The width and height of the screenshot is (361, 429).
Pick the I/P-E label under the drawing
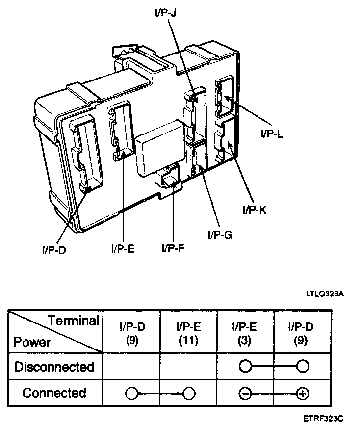coord(123,248)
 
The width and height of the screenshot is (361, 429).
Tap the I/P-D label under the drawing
coord(54,249)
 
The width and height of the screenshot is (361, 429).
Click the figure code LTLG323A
coord(324,294)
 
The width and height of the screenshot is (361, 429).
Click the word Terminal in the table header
coord(73,322)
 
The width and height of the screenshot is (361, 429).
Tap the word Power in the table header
coord(32,342)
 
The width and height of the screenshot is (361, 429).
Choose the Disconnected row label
coord(54,367)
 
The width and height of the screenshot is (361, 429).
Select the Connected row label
coord(54,393)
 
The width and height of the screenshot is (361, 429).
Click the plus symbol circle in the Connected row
coord(302,393)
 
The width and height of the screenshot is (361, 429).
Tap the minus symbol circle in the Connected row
coord(246,393)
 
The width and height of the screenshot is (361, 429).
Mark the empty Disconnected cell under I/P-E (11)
coord(188,367)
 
